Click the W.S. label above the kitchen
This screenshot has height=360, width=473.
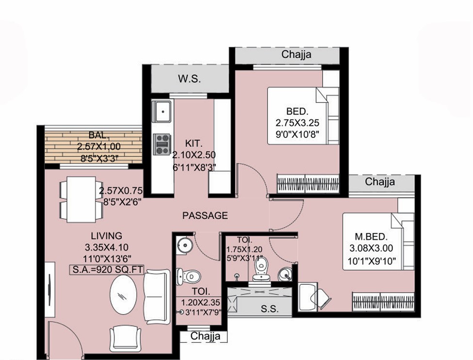click(189, 79)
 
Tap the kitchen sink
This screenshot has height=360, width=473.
click(163, 112)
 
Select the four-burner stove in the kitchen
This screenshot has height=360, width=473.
click(163, 145)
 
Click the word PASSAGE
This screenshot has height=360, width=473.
click(205, 215)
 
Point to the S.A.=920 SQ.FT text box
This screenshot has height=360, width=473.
click(107, 269)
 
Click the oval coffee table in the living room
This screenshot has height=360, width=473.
click(123, 295)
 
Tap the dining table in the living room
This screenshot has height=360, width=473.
click(81, 199)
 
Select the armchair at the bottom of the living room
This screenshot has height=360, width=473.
click(125, 338)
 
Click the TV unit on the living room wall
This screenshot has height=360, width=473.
click(50, 289)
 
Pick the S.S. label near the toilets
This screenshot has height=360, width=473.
click(270, 309)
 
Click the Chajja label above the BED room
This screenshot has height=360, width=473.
click(296, 55)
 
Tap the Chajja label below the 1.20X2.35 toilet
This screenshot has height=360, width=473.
click(205, 336)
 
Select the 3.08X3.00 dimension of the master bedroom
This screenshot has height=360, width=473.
click(371, 248)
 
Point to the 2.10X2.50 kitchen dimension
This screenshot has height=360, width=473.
click(194, 155)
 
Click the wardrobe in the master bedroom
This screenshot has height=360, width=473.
click(383, 301)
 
